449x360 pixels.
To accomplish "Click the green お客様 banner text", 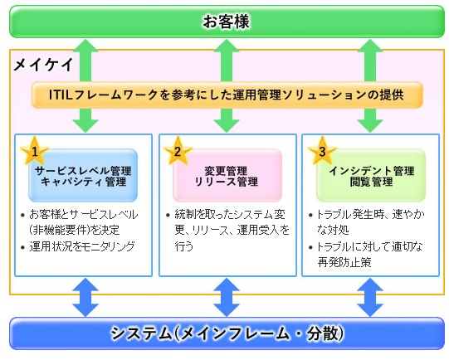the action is click(x=227, y=22).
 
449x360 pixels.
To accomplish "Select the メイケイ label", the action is click(x=43, y=66).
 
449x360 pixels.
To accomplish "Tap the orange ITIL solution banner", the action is click(x=227, y=95).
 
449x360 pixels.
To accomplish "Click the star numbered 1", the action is click(x=34, y=150).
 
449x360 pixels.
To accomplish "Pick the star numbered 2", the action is click(x=178, y=150).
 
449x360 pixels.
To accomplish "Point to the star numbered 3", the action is click(x=322, y=150).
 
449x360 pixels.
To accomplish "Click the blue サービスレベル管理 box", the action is click(x=83, y=175).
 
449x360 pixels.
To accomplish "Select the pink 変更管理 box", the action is click(x=227, y=175).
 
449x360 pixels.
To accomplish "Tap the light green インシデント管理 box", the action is click(x=371, y=175).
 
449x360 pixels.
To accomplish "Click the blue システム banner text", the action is click(x=227, y=333).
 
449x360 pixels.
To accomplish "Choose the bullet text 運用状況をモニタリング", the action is click(x=82, y=246).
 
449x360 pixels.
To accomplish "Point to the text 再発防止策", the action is click(x=344, y=262).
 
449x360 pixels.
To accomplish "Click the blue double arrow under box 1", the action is click(x=85, y=297).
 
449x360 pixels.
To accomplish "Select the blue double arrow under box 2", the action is click(x=227, y=297).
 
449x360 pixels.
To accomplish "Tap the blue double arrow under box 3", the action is click(x=370, y=297).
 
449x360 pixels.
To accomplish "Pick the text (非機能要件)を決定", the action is click(x=75, y=231).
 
